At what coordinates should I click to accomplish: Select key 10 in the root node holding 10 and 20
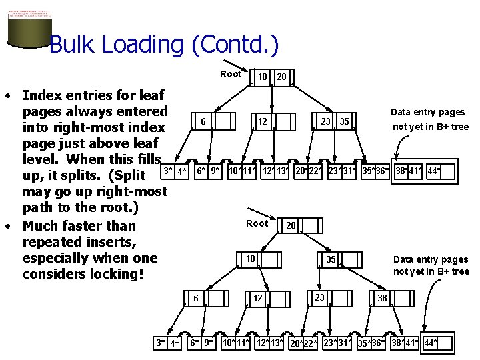coord(263,77)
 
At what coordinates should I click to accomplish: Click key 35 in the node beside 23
coord(344,121)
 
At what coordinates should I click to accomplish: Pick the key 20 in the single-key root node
coord(291,226)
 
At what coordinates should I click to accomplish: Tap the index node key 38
coord(382,298)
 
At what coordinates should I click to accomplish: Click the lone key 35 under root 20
coord(331,259)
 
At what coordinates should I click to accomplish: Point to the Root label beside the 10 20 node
coord(231,74)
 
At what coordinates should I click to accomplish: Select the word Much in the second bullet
coord(41,226)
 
